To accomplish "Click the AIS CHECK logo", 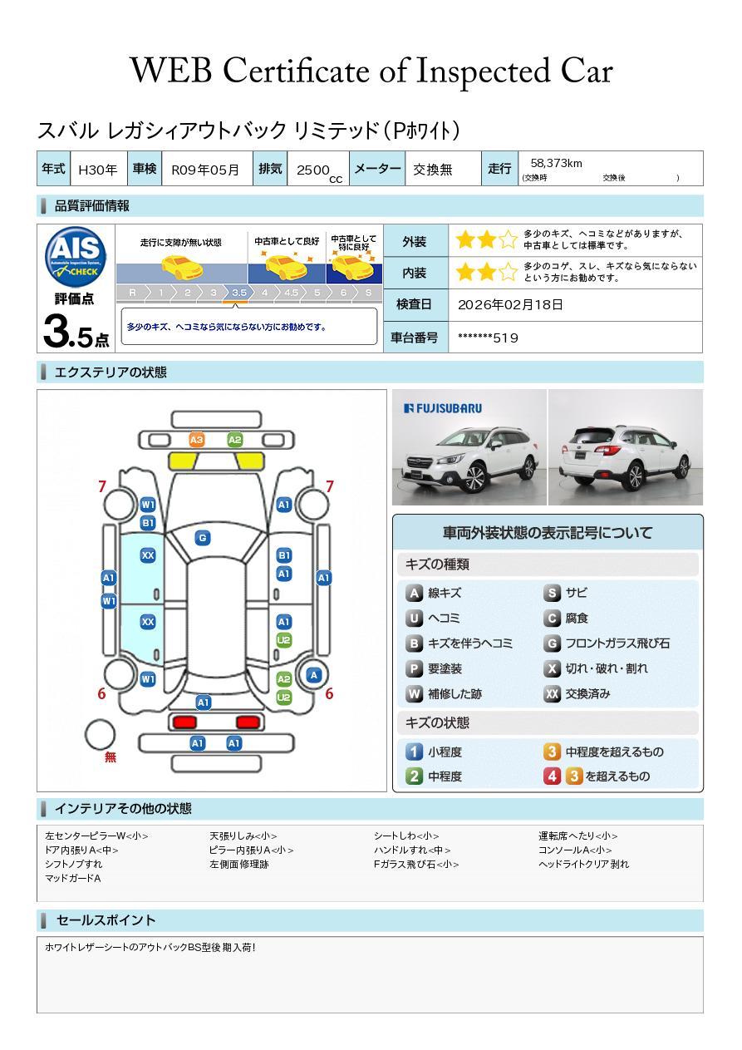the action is click(x=76, y=258).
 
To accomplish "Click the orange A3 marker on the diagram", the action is click(x=197, y=440).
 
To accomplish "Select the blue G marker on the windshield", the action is click(x=203, y=538).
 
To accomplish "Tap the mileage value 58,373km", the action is click(x=556, y=163).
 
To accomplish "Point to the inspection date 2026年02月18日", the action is click(x=510, y=304).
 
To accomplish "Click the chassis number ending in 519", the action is click(x=488, y=338).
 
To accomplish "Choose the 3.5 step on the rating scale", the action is click(x=239, y=293).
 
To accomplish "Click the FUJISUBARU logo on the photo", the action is click(x=443, y=408).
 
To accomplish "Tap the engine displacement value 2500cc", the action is click(x=319, y=172).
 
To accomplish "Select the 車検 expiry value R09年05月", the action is click(x=205, y=170).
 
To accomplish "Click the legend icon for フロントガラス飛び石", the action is click(x=552, y=643).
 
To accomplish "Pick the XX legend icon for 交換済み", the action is click(x=552, y=693).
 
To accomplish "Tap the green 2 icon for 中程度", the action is click(x=414, y=776).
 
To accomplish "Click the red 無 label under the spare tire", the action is click(x=110, y=757).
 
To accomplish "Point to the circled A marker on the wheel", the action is click(x=314, y=675).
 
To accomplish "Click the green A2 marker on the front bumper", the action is click(x=234, y=440).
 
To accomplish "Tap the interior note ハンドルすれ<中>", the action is click(x=412, y=850).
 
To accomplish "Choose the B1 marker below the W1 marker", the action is click(x=148, y=523).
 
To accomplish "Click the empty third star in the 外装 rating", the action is click(x=508, y=239).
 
